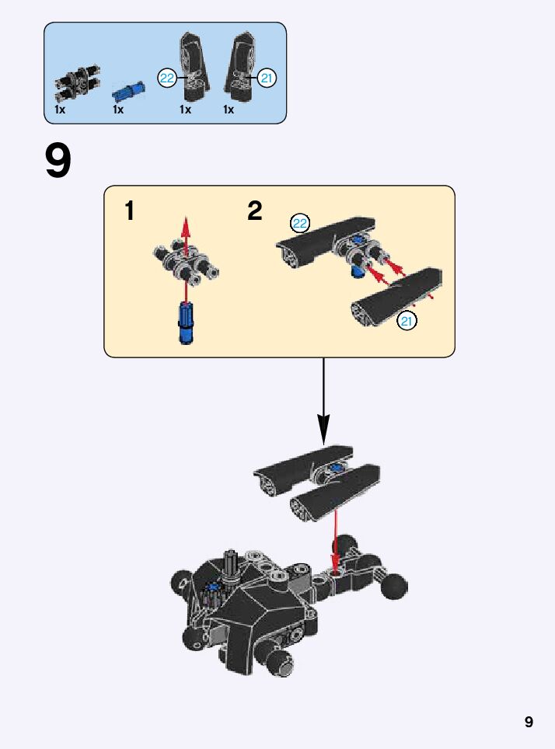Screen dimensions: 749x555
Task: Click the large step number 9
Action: point(58,161)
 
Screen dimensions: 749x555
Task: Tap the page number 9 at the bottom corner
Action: point(529,722)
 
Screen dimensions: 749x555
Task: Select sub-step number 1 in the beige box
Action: point(130,211)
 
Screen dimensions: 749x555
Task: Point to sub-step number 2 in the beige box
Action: point(255,211)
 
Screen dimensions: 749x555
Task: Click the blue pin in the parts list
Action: point(124,92)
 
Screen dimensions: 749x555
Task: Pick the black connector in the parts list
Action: point(69,85)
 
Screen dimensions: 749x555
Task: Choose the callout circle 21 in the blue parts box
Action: point(267,78)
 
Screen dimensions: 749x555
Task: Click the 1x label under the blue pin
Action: point(118,110)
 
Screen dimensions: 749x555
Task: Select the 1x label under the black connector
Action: point(60,110)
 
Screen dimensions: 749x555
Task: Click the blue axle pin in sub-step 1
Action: point(185,322)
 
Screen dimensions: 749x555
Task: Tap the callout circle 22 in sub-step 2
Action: point(300,224)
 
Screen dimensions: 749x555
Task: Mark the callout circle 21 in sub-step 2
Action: point(407,320)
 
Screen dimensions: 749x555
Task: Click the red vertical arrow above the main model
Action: point(336,536)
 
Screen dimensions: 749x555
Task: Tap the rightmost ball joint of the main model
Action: point(394,585)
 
